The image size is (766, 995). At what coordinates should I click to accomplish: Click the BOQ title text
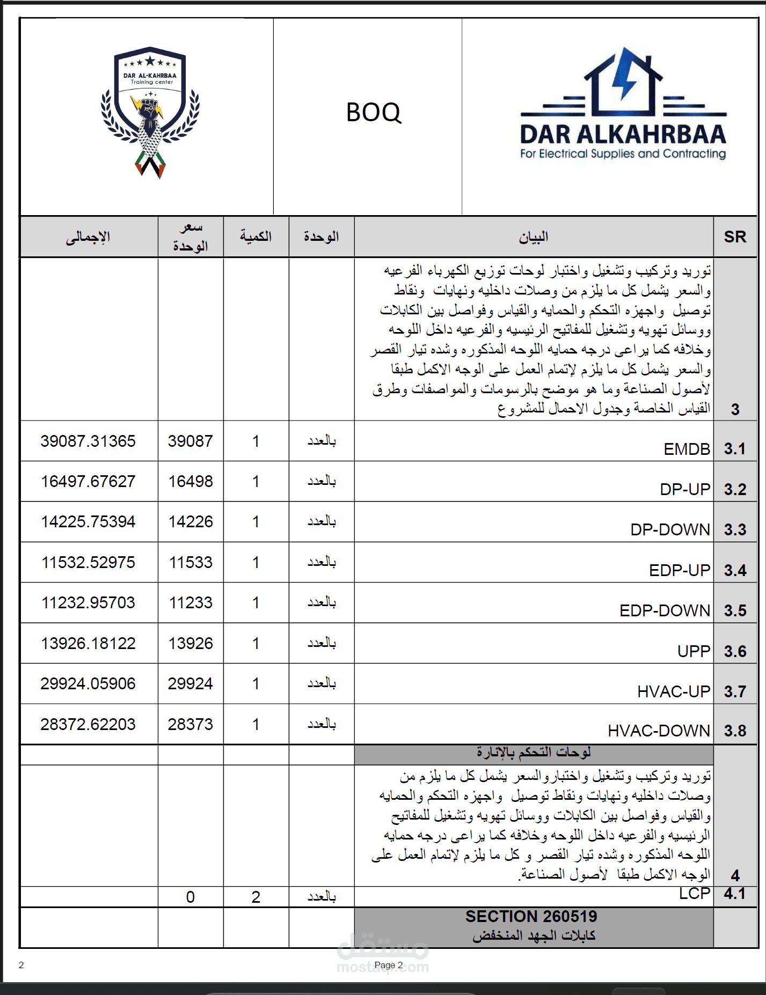point(373,113)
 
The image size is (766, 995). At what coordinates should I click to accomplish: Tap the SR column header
point(735,237)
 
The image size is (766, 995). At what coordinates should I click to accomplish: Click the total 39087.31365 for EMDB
point(88,441)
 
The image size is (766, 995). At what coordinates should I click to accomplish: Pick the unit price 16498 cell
point(191,481)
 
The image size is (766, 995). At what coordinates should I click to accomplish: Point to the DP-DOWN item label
point(670,529)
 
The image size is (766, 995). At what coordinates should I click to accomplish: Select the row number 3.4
point(735,570)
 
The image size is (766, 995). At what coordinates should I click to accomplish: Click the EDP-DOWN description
point(665,610)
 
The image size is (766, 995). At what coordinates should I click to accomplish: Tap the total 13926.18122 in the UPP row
point(88,643)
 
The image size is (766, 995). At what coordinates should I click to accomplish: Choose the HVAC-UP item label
point(674,691)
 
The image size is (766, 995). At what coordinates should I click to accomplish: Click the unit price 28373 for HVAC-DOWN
point(191,724)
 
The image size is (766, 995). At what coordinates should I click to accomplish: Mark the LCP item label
point(695,894)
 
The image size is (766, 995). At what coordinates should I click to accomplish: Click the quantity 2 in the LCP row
point(256,897)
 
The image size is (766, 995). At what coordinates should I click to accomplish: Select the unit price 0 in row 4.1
point(191,897)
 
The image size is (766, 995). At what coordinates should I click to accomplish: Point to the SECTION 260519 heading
point(531,916)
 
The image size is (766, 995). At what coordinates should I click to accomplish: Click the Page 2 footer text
point(389,965)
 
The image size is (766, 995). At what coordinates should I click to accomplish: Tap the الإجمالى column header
point(88,237)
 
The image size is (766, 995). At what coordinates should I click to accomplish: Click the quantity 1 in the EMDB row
point(256,441)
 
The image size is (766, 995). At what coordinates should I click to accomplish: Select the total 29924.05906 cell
point(88,683)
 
